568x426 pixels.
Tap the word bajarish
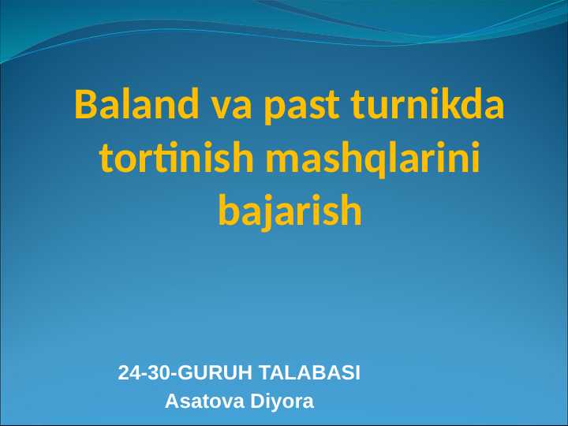[x=290, y=211]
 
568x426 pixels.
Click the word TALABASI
[x=310, y=373]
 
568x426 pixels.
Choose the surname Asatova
[x=204, y=402]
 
